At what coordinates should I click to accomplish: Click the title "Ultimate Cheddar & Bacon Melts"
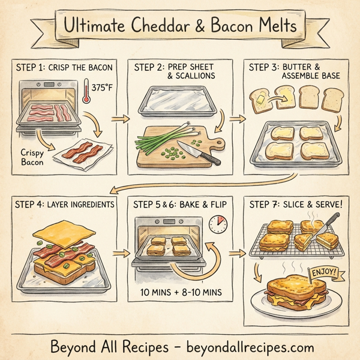click(x=180, y=27)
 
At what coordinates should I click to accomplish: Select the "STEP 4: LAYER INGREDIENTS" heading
click(x=64, y=205)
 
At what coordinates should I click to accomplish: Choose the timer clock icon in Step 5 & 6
click(x=217, y=226)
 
